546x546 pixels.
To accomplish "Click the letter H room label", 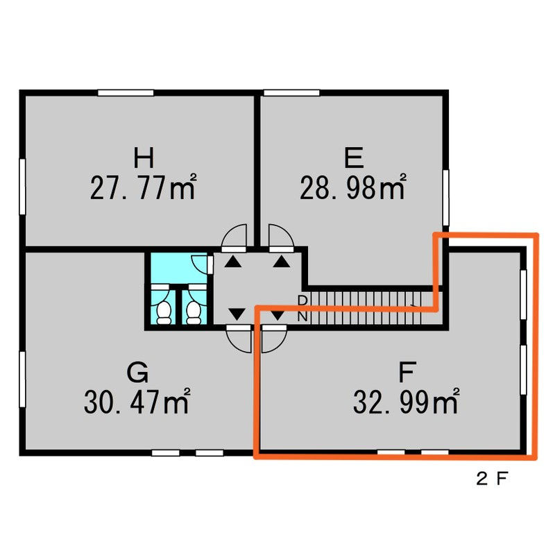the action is tap(144, 157).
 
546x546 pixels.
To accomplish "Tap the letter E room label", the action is tap(354, 157).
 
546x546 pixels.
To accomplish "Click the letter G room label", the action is tap(137, 373).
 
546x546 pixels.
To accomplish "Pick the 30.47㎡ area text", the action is tap(137, 401).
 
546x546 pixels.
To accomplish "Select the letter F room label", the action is tap(407, 373).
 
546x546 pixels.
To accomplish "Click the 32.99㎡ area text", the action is tap(407, 401).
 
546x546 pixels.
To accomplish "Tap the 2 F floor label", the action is tap(492, 479).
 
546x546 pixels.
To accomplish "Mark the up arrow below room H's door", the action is tap(233, 262).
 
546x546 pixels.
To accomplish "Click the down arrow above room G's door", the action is tap(237, 314).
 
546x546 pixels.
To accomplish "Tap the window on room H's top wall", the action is tap(126, 93).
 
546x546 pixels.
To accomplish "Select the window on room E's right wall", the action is tap(445, 198).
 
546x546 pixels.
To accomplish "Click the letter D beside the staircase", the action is tap(302, 300).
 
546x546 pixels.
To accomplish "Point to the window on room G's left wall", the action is tap(22, 379).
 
